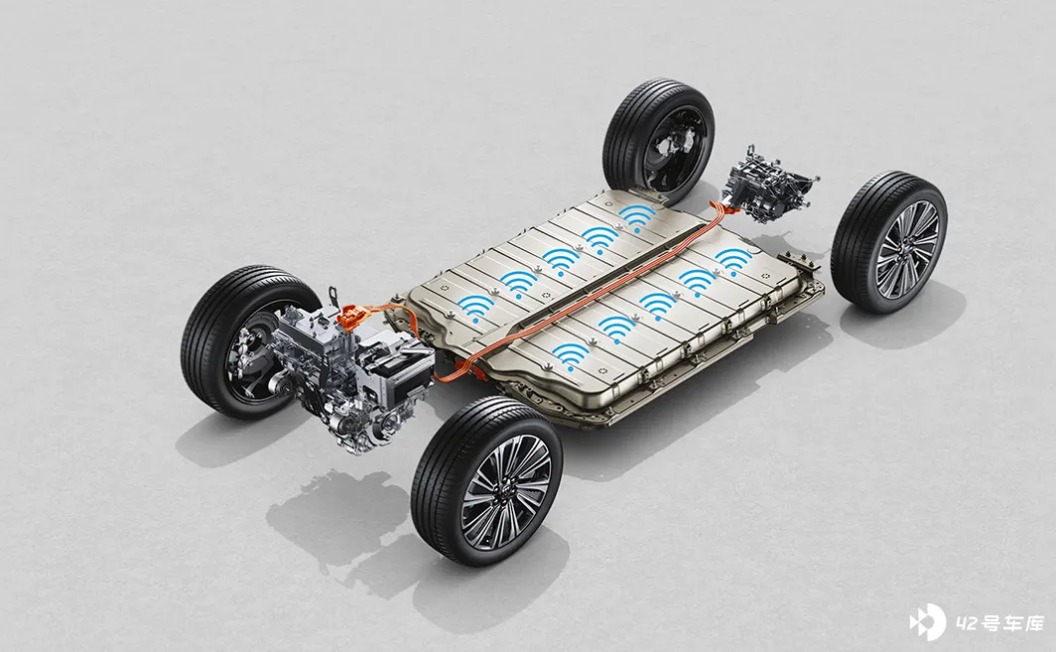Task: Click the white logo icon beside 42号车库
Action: [927, 623]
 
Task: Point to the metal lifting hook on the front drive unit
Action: [332, 297]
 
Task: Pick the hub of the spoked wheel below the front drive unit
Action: [506, 483]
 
